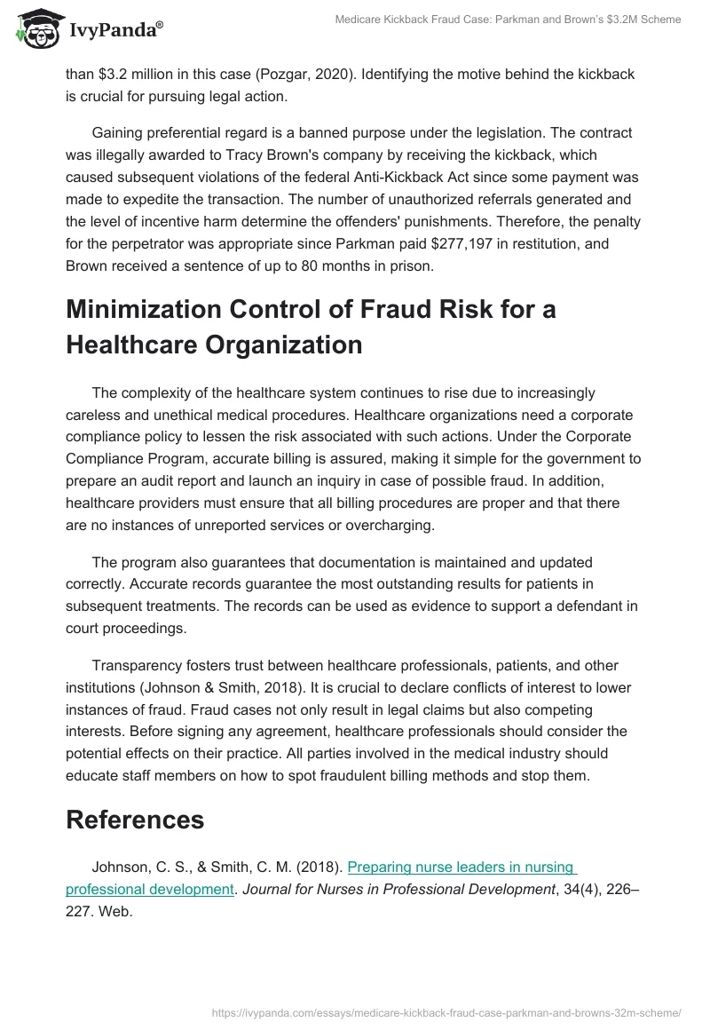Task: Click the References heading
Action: pos(135,820)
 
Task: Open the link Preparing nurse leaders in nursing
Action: pos(461,868)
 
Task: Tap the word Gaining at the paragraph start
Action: pos(122,133)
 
